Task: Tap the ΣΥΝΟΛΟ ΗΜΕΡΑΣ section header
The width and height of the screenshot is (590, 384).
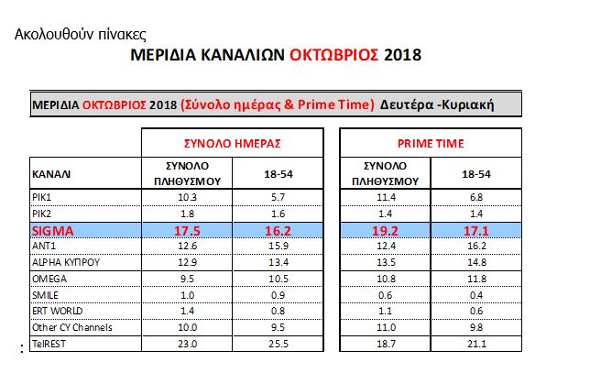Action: pos(232,144)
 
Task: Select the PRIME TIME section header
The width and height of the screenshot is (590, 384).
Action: pos(431,144)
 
